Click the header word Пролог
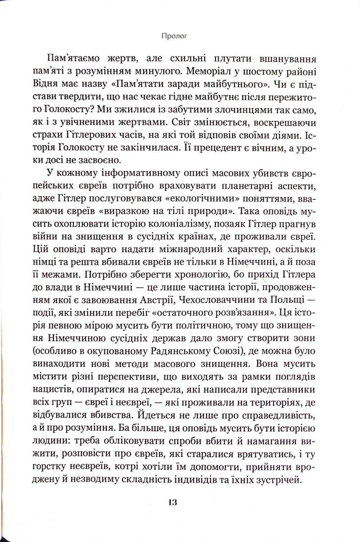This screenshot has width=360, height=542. click(x=174, y=36)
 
